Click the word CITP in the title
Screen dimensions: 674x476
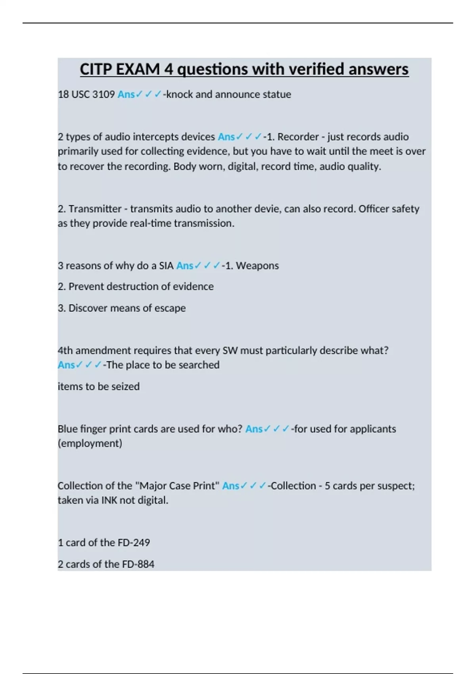tap(96, 69)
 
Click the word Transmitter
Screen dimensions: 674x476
tap(95, 209)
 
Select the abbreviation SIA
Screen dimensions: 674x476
tap(166, 266)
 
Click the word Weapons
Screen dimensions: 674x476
tap(257, 266)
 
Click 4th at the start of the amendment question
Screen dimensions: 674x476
tap(65, 350)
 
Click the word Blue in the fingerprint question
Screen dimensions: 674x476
tap(67, 429)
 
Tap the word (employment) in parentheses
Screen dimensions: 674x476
tap(90, 443)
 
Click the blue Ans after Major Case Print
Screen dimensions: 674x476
tap(230, 486)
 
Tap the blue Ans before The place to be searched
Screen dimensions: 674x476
tap(66, 365)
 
